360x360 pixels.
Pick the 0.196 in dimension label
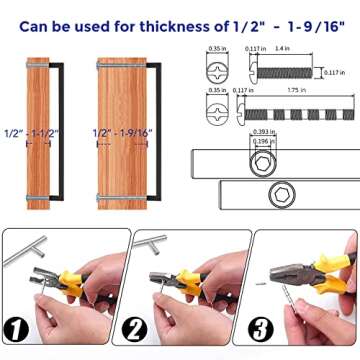coord(261,140)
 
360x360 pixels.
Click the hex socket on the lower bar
coord(311,189)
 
